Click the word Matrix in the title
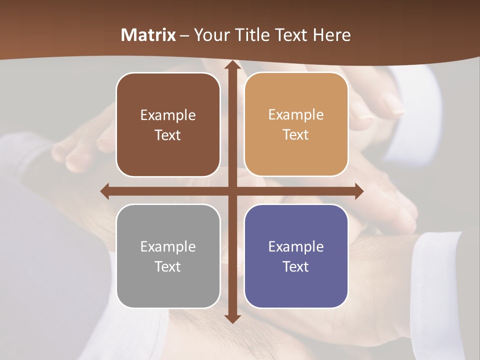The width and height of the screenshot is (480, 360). point(148,35)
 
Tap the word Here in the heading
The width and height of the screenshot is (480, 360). point(331,35)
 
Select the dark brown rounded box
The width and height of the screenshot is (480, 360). point(168,125)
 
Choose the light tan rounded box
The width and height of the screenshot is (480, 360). point(296,124)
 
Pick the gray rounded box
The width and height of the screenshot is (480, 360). point(168,256)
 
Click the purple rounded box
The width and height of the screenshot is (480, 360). point(296,256)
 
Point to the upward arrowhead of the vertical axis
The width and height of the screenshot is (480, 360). point(232,65)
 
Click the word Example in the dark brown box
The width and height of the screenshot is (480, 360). point(168,115)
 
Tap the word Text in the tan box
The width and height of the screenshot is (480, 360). point(296,134)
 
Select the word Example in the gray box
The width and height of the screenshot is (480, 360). point(168,246)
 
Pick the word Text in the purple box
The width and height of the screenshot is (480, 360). point(296,266)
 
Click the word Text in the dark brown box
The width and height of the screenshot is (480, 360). point(168,135)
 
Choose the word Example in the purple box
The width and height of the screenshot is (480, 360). point(296,246)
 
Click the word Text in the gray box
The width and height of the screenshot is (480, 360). point(168,266)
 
